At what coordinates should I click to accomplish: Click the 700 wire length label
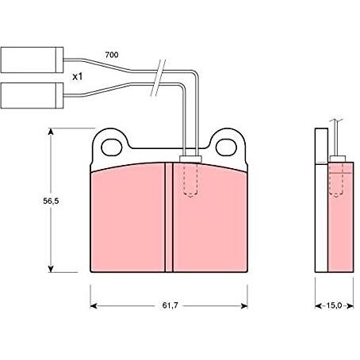pos(112,55)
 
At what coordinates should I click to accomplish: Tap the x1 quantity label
pos(78,77)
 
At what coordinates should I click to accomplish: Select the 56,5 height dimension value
pos(51,201)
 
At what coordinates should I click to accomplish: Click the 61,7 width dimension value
pos(170,305)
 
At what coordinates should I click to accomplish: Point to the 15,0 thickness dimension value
pos(334,305)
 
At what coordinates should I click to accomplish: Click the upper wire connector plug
pos(32,59)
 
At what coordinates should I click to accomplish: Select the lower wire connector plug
pos(32,95)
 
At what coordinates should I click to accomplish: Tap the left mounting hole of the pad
pos(112,147)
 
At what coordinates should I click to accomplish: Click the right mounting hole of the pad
pos(226,147)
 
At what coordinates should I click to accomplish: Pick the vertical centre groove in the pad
pos(169,217)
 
